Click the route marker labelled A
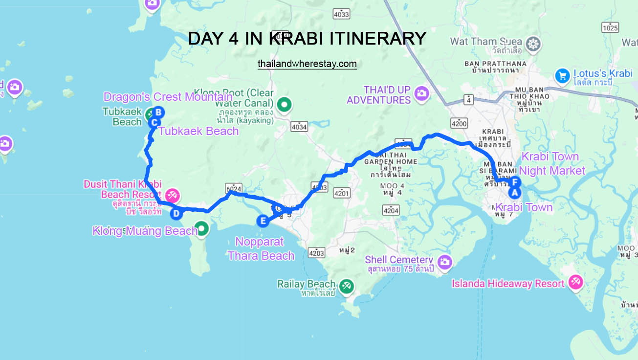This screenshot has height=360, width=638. [513, 193]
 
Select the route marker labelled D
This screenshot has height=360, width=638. [176, 213]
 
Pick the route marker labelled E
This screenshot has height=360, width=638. [263, 221]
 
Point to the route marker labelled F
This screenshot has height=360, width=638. [515, 183]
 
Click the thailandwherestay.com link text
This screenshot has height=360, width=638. [307, 64]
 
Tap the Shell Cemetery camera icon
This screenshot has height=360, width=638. [444, 261]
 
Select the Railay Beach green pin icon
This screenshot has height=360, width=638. [347, 286]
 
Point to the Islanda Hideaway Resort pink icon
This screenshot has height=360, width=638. [574, 282]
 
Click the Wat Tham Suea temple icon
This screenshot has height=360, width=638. [533, 43]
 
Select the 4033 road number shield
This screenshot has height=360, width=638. [341, 14]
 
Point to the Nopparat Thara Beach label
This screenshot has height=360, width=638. [261, 248]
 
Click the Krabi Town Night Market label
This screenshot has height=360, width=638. [551, 164]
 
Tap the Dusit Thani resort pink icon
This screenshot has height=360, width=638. [172, 196]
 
